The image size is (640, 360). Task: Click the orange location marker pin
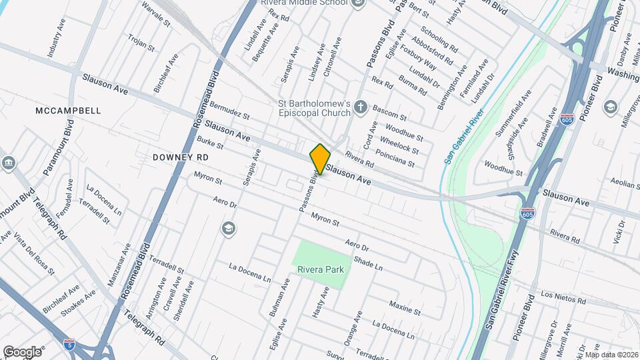[320, 159]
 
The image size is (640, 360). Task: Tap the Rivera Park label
[321, 269]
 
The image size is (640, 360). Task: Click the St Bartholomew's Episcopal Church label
[314, 108]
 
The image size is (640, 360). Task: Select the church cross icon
[361, 107]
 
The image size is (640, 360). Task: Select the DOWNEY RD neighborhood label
[181, 157]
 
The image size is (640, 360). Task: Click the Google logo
[22, 351]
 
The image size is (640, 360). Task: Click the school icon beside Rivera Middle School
[359, 3]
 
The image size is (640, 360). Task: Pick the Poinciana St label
[395, 159]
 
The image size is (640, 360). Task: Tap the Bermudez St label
[229, 110]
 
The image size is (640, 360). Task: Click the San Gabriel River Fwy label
[497, 293]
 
